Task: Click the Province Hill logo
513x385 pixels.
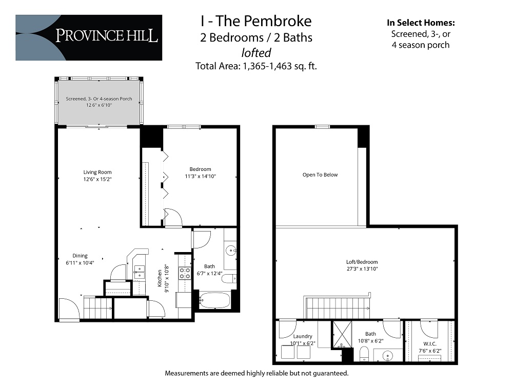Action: tap(89, 37)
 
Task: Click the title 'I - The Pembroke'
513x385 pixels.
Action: tap(255, 21)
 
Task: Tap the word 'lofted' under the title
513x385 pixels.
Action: tap(255, 52)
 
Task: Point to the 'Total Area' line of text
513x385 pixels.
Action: tap(255, 66)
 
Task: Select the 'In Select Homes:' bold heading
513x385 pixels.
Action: tap(421, 23)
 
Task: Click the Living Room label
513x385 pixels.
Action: tap(97, 172)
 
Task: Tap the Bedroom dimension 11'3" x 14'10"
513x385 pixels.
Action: tap(200, 177)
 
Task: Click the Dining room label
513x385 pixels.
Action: tap(80, 256)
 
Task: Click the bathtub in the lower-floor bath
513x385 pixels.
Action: tap(215, 300)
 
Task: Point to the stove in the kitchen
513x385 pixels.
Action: tap(184, 273)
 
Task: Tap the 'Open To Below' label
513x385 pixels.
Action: tap(320, 175)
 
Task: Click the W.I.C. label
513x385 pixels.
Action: tap(429, 344)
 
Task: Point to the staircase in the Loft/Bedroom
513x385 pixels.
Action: tap(338, 307)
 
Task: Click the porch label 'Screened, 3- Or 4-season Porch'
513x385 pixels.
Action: tap(99, 99)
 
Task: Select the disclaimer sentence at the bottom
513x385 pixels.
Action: tap(256, 373)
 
